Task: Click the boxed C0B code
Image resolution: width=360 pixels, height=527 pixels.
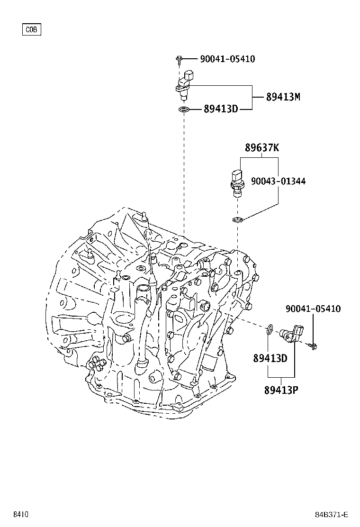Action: tap(32, 30)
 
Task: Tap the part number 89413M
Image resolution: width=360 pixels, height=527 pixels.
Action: tap(283, 97)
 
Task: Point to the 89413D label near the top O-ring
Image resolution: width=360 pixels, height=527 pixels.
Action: tap(220, 109)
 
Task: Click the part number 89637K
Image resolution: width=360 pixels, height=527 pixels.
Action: tap(261, 148)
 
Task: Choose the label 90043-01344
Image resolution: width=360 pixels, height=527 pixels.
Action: tap(278, 181)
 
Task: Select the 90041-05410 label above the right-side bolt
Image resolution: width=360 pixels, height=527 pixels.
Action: tap(313, 309)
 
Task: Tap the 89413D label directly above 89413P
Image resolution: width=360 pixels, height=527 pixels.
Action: tap(270, 358)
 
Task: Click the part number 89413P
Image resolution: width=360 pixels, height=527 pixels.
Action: tap(281, 390)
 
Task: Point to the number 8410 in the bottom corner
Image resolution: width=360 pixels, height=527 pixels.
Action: tap(20, 514)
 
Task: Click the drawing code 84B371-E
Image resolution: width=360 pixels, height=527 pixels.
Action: tap(332, 514)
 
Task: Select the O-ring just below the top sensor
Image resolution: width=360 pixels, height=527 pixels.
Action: tap(184, 110)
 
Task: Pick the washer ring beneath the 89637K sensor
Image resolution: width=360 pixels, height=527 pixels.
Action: tap(238, 219)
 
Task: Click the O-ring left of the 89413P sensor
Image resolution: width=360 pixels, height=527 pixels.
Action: tap(270, 329)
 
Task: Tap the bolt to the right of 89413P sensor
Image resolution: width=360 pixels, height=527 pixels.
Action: tap(313, 347)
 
